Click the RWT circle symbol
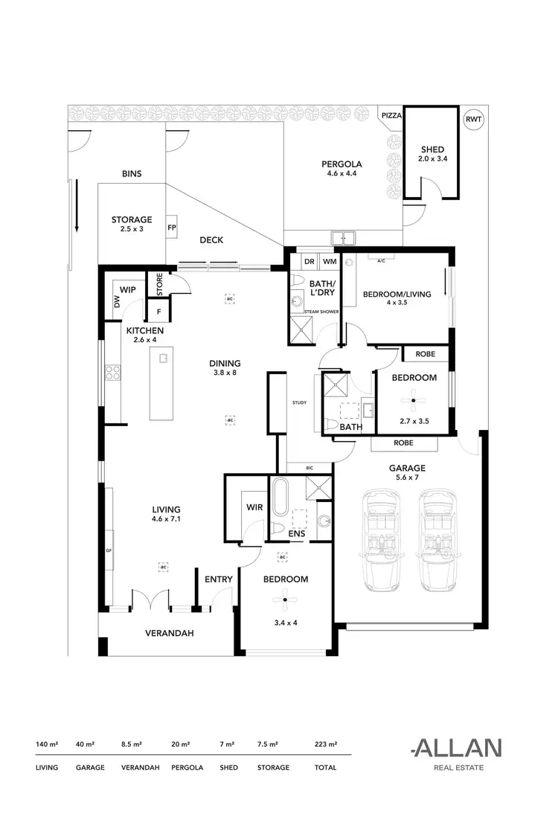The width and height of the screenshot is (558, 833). pos(472,119)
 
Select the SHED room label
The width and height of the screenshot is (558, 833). pos(432,149)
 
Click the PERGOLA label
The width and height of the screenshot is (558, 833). pos(341,164)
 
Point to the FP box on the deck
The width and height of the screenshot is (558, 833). pos(171,228)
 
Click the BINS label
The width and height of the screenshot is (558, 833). pos(132,174)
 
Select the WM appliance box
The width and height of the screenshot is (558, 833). pos(330,263)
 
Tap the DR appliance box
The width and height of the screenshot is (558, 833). pos(310,263)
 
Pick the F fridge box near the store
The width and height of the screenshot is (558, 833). pos(158,311)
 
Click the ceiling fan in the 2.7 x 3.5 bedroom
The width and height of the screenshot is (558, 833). pos(413,402)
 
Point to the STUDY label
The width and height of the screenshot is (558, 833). pos(300,402)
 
